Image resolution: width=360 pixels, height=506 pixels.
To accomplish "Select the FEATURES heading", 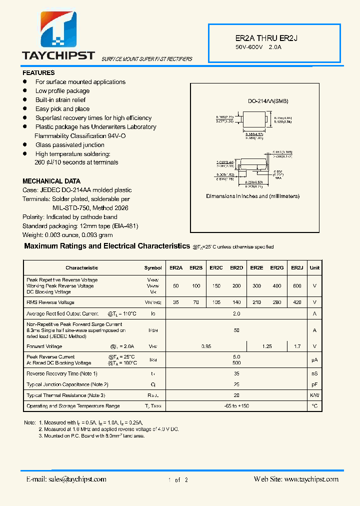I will (38, 72).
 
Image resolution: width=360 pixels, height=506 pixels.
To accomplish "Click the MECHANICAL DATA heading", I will (51, 181).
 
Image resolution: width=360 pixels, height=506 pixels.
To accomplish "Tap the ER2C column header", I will (216, 268).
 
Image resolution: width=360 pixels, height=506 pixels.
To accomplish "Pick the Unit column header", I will (314, 268).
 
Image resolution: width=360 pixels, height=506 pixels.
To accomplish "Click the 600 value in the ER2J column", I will (297, 286).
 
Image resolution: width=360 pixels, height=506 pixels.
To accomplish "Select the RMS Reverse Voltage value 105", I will (216, 302).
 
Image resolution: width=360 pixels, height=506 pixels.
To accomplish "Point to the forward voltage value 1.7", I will (297, 346).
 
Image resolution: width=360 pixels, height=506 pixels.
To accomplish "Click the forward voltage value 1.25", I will (266, 346).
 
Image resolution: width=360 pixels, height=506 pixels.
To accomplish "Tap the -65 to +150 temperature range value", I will (236, 406).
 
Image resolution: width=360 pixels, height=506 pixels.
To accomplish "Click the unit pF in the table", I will (314, 384).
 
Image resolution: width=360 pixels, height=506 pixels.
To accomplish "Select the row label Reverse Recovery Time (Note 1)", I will (62, 373).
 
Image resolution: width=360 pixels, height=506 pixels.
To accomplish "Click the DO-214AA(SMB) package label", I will (268, 101).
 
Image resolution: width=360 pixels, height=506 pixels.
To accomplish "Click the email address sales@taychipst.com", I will (66, 479).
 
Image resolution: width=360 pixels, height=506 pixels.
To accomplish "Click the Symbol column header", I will (153, 268).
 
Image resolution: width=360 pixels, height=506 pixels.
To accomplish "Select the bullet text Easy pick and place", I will (62, 109).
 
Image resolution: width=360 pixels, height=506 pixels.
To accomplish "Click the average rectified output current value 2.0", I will (236, 314).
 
